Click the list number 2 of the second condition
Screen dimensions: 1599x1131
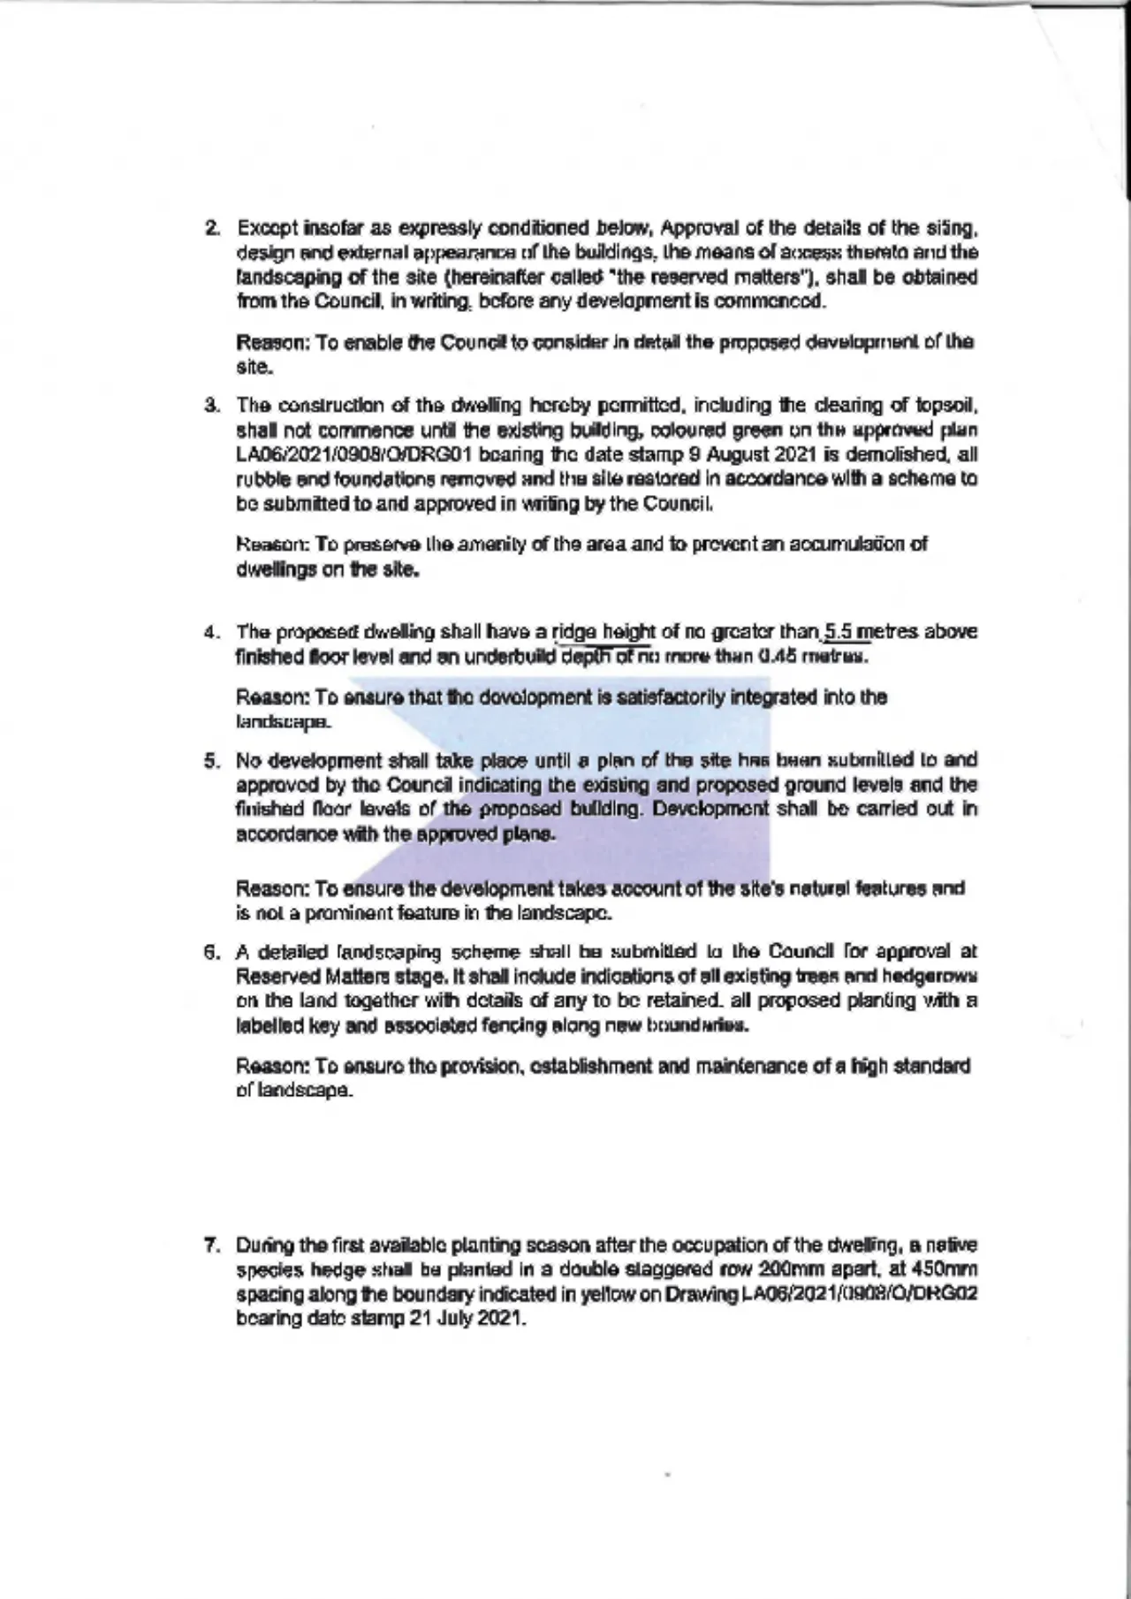click(x=211, y=229)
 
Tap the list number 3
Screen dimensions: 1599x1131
click(x=211, y=407)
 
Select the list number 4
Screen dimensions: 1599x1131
click(x=211, y=633)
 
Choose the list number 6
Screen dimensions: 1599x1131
click(x=211, y=953)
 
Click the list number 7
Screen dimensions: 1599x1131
click(x=211, y=1246)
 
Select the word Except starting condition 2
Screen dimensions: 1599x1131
click(x=267, y=229)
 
